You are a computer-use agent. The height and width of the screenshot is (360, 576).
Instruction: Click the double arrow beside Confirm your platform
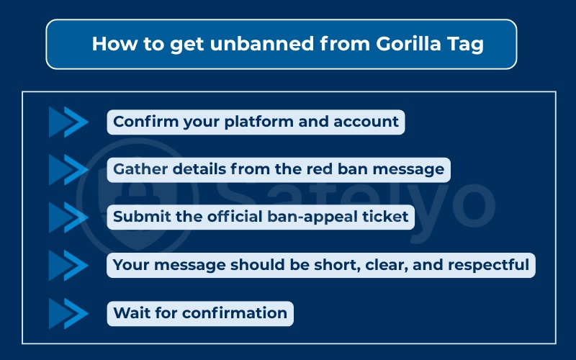pos(68,122)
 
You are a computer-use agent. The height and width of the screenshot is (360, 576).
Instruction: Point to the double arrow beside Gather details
pos(68,170)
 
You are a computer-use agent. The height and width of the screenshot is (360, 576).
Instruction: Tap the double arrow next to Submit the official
pos(68,217)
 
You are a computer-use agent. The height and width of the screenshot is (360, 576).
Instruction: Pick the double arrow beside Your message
pos(68,265)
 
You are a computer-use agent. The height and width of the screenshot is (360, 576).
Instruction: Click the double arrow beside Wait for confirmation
pos(68,313)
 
